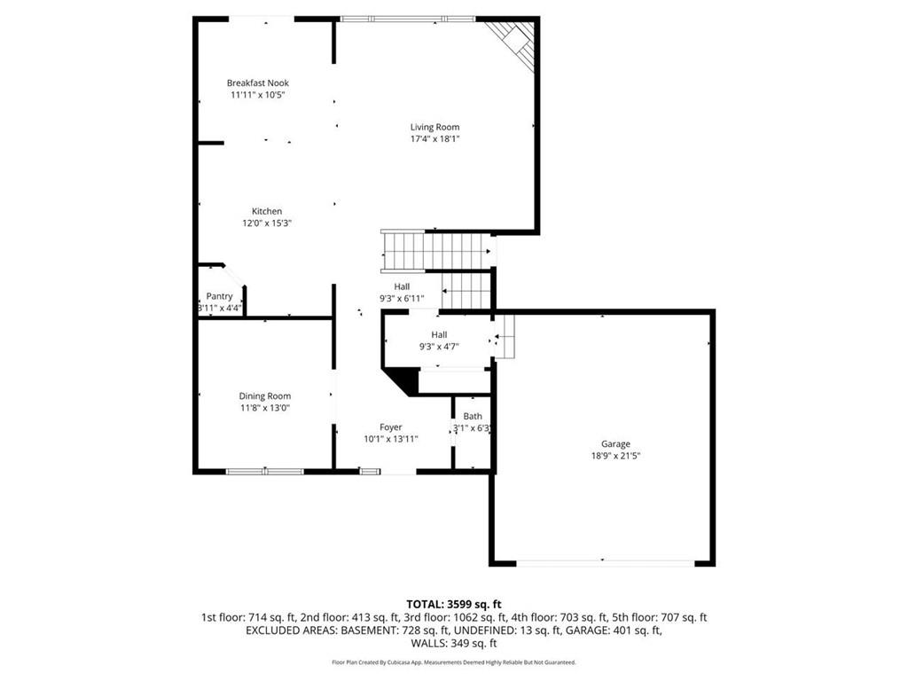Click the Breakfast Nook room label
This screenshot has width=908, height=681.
pyautogui.click(x=257, y=83)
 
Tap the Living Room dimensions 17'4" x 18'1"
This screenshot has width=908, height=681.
pyautogui.click(x=434, y=138)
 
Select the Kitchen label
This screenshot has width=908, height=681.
pyautogui.click(x=267, y=211)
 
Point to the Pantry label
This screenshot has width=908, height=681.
pyautogui.click(x=219, y=296)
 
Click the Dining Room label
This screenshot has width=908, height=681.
pyautogui.click(x=264, y=396)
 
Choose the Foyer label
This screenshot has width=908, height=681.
pyautogui.click(x=391, y=427)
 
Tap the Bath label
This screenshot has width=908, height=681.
pyautogui.click(x=473, y=416)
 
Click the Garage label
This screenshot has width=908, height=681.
pyautogui.click(x=615, y=444)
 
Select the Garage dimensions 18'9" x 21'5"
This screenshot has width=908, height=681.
pyautogui.click(x=615, y=456)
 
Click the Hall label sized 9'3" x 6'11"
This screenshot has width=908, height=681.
pyautogui.click(x=403, y=286)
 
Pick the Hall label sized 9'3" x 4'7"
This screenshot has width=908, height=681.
pyautogui.click(x=439, y=334)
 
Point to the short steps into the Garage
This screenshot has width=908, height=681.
pyautogui.click(x=505, y=338)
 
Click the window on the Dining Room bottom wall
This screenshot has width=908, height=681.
pyautogui.click(x=264, y=472)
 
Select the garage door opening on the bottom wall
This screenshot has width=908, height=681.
pyautogui.click(x=606, y=562)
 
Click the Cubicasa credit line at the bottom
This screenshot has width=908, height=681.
pyautogui.click(x=454, y=662)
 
